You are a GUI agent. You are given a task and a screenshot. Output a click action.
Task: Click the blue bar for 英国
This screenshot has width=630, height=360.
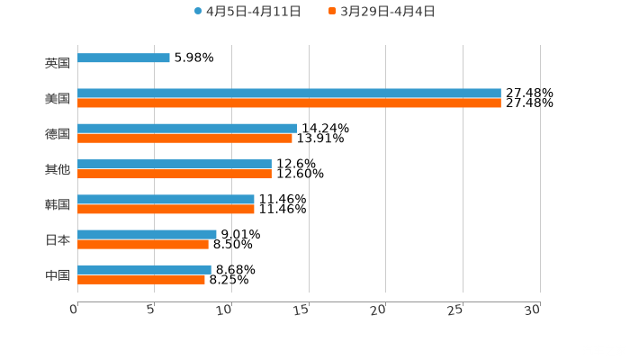point(123,58)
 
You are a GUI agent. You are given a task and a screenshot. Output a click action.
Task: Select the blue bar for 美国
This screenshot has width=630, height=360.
point(289,94)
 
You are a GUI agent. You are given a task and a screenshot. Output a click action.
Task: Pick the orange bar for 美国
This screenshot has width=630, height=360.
point(289,103)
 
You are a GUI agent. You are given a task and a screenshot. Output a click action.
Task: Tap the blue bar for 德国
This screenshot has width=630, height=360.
point(187,129)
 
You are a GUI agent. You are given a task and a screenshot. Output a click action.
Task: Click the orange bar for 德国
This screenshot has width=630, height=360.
point(184,139)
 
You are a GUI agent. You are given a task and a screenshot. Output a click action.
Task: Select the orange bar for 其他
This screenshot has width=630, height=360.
point(175,174)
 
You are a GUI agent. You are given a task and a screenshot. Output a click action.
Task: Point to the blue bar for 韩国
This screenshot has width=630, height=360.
point(166,199)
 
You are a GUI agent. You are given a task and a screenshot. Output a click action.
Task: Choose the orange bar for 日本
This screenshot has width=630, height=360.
point(143,244)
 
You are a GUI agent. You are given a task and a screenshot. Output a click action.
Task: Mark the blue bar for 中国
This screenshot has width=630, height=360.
point(144,269)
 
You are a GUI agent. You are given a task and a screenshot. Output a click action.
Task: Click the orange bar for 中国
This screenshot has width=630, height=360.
point(141,279)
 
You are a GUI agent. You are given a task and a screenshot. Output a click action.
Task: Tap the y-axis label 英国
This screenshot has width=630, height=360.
point(58,64)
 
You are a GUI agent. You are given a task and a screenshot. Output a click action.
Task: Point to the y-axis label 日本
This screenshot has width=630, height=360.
point(58,240)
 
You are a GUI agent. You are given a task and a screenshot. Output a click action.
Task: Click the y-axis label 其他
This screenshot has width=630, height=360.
point(58,169)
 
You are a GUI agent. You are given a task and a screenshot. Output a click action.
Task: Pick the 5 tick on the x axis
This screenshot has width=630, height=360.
point(151,310)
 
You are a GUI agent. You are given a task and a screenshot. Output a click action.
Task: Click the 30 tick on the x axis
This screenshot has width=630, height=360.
point(533,310)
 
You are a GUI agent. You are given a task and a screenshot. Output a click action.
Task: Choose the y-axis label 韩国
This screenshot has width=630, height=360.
point(58,205)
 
